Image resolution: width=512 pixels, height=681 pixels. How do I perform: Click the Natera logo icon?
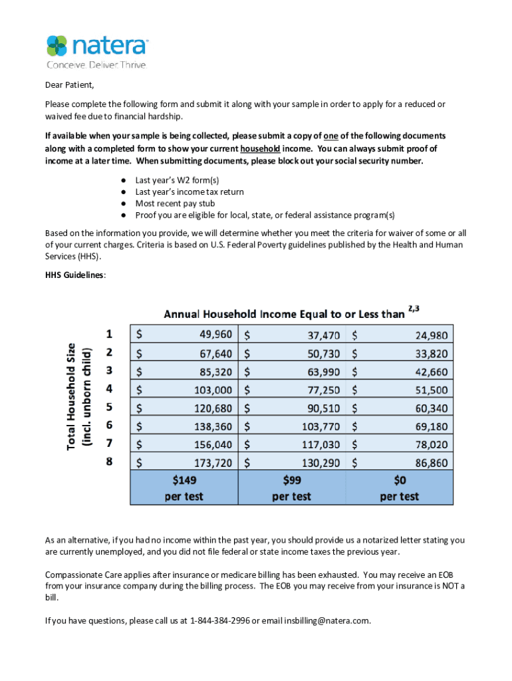pos(57,45)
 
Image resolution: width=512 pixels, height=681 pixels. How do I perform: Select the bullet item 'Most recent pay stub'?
pos(175,204)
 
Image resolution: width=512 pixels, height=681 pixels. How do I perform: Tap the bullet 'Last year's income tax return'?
pos(190,192)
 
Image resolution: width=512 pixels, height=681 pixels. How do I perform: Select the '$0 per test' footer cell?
pos(399,487)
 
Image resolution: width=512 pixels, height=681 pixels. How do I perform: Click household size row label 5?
pos(110,407)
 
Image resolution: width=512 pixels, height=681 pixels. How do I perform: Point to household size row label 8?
pos(110,461)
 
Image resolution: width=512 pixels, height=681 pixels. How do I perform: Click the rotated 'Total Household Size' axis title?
pos(78,396)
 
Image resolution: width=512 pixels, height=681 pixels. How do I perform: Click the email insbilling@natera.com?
pos(326,621)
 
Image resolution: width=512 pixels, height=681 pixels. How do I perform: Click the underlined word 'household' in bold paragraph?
pos(260,148)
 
